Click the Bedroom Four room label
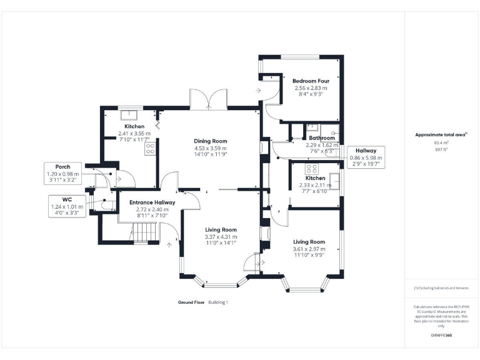[x=311, y=81]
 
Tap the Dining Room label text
[x=210, y=141]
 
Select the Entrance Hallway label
[x=152, y=202]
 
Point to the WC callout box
[x=67, y=206]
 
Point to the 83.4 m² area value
[x=441, y=142]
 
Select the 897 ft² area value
[x=441, y=149]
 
